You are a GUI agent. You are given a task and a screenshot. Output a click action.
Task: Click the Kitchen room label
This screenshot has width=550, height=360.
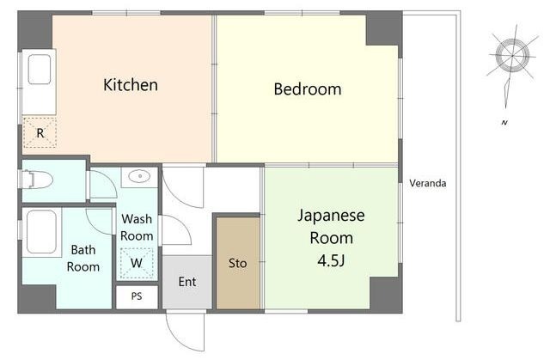[x=131, y=85]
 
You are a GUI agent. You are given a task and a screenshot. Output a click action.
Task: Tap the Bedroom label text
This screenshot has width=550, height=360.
[x=308, y=89]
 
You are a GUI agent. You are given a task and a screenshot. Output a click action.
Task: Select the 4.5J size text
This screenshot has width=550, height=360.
[x=332, y=260]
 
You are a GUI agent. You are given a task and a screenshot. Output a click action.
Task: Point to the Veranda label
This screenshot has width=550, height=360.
[x=428, y=183]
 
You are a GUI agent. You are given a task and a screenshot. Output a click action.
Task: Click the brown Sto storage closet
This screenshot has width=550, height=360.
[x=238, y=263]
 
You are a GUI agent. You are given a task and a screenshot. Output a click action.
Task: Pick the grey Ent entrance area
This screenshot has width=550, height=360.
[x=187, y=282]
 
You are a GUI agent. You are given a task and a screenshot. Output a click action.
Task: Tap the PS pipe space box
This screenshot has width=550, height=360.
[x=137, y=297]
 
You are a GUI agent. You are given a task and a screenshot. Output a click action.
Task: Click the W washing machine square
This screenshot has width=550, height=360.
[x=137, y=263]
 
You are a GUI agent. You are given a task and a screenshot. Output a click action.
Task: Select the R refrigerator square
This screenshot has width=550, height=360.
[x=40, y=133]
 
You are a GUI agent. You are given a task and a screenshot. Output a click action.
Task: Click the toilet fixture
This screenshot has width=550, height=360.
[x=37, y=180]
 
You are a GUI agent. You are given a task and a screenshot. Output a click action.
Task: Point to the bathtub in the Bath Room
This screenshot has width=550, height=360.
[x=41, y=232]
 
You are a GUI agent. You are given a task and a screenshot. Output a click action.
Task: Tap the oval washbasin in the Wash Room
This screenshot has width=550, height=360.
[x=139, y=176]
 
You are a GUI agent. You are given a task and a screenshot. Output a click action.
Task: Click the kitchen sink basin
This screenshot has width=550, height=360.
[x=40, y=70]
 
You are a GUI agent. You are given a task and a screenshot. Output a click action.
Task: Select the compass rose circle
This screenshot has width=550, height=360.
[x=512, y=55]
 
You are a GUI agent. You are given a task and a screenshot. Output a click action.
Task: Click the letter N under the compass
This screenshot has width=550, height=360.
[x=504, y=122]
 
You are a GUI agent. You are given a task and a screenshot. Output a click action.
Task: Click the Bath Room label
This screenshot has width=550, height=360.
[x=83, y=259]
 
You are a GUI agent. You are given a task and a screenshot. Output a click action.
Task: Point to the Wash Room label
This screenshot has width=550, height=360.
[x=137, y=227]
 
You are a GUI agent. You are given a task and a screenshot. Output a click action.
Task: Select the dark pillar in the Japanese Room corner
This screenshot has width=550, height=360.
[x=386, y=294]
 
